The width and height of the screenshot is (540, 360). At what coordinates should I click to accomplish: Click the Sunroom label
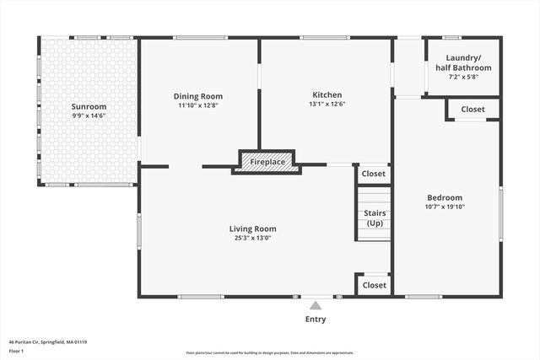coord(89,107)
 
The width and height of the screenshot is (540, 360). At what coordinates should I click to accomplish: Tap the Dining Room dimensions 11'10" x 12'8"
coord(198,105)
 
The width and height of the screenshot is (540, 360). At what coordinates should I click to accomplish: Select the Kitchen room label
coord(327,95)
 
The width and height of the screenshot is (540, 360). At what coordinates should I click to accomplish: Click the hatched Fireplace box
coord(267,160)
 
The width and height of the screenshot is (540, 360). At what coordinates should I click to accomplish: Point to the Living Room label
coord(252,228)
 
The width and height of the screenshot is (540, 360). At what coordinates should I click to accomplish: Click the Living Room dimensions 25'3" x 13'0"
coord(252,238)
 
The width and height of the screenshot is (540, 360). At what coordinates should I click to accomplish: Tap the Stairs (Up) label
coord(375,218)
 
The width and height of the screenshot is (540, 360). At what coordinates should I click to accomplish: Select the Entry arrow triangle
coord(315,305)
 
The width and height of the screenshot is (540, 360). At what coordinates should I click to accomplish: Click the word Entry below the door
coord(315,320)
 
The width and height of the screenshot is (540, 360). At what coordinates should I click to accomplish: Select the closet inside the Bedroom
coord(472,109)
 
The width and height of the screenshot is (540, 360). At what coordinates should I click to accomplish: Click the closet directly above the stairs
coord(373,174)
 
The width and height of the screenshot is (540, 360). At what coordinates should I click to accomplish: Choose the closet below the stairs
coord(373,285)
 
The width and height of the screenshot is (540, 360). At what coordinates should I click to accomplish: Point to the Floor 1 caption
coord(16,351)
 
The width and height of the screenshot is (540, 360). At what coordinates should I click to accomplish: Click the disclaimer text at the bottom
coord(270,353)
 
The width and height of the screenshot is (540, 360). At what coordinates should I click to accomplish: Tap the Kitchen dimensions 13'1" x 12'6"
coord(327,105)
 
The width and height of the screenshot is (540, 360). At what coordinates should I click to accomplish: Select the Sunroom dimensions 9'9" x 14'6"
coord(89,116)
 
